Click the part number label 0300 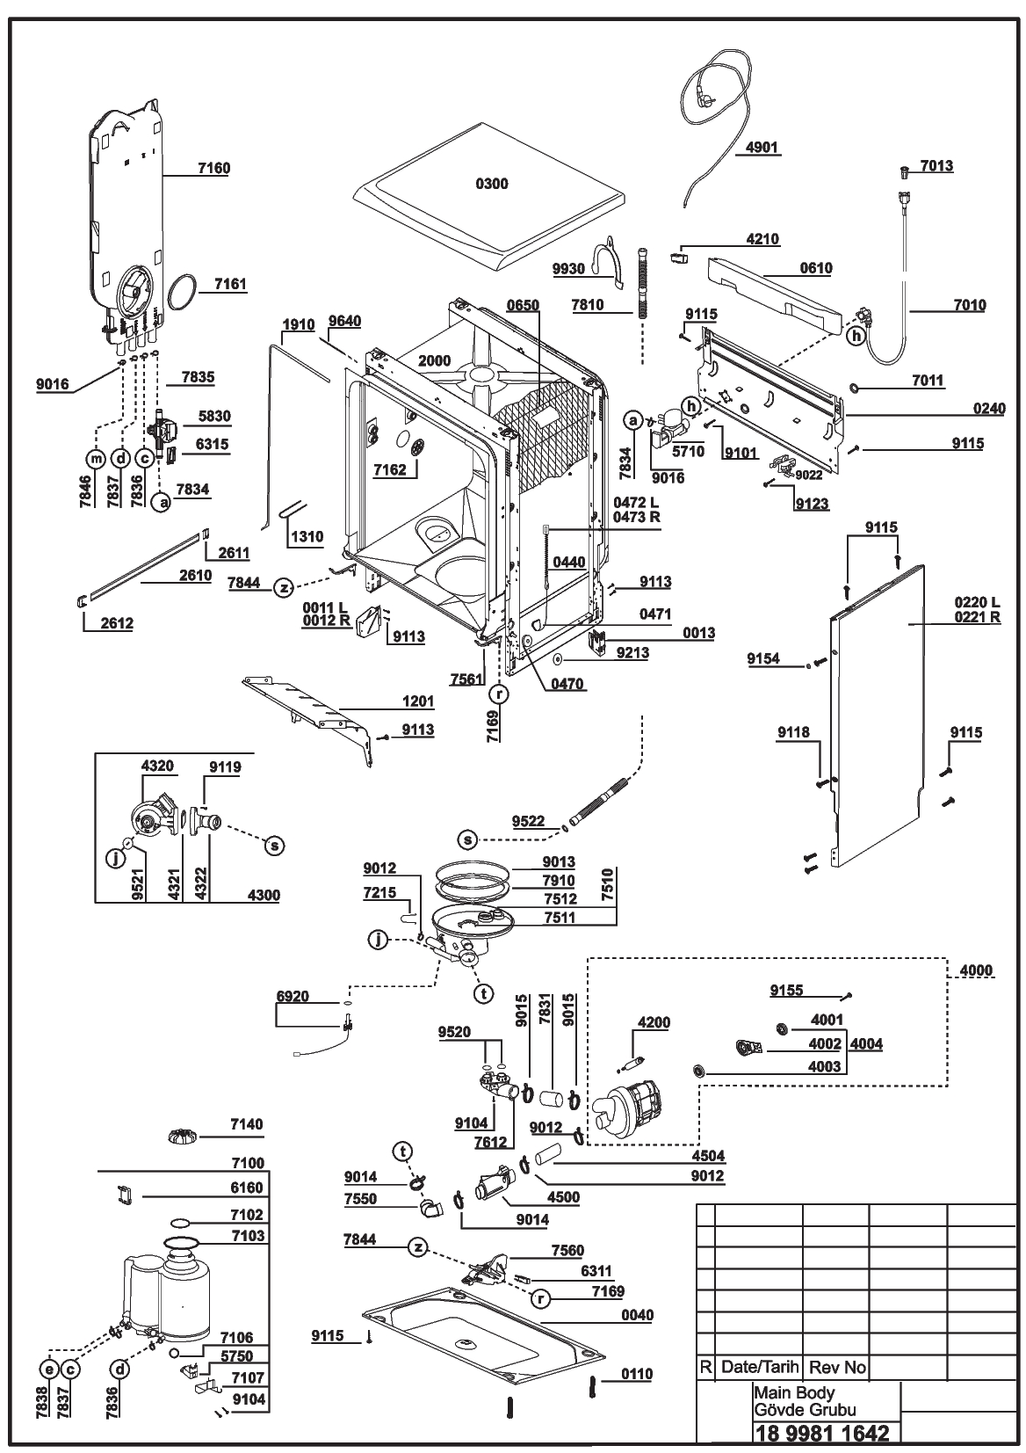click(x=492, y=185)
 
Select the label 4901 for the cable click(x=762, y=148)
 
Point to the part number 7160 click(x=213, y=169)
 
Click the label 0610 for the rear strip click(x=816, y=268)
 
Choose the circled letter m click(x=96, y=459)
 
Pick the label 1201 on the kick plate click(x=418, y=701)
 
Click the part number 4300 click(x=264, y=895)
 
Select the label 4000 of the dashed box click(x=976, y=970)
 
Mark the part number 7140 click(x=247, y=1123)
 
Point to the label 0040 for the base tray click(x=637, y=1315)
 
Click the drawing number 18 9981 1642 click(x=822, y=1432)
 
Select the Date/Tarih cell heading click(x=760, y=1367)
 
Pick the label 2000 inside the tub click(x=434, y=360)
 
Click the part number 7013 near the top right click(x=936, y=166)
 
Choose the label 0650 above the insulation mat click(x=523, y=305)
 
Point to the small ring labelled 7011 click(x=855, y=388)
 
